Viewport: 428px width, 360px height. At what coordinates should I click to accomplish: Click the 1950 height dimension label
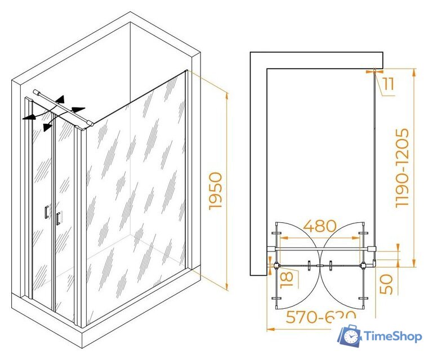[216, 192]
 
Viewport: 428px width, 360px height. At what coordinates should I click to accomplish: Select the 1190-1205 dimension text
[402, 168]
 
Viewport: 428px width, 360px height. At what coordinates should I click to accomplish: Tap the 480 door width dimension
[320, 226]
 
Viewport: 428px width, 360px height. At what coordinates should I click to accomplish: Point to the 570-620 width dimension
[320, 318]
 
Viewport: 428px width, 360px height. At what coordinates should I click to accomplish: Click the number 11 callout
[388, 84]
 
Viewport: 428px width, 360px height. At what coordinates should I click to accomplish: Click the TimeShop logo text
[393, 336]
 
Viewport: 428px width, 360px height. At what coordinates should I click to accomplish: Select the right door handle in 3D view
[57, 218]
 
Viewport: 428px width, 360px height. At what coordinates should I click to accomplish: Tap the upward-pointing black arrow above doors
[60, 99]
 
